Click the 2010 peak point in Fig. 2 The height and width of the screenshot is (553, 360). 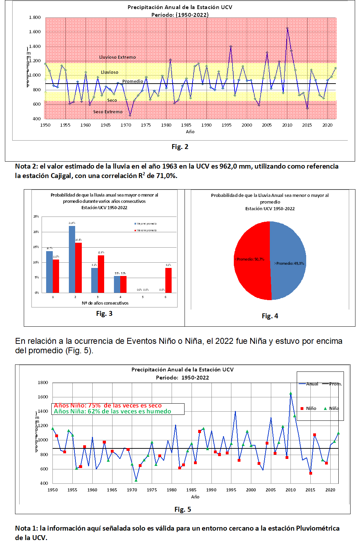pos(287,28)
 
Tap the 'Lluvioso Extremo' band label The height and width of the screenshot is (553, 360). pos(117,57)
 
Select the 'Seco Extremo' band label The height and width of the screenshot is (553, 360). pos(108,112)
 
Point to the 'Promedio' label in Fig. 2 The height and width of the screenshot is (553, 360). pos(132,81)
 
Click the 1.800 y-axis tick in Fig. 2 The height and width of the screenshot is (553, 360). pos(35,17)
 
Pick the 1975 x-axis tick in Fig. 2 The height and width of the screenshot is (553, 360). pos(146,125)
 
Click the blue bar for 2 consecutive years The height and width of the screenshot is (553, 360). pos(72,259)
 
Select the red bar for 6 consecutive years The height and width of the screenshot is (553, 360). pos(168,280)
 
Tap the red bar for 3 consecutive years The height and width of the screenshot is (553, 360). pos(101,274)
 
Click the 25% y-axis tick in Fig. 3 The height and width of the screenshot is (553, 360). pos(36,217)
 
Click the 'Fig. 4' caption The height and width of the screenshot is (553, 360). pos(270,316)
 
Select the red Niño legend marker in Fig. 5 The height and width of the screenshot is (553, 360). pos(302,409)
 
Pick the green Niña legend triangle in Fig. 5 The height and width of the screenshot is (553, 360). pos(325,409)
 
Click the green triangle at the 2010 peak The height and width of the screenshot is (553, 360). pos(291,394)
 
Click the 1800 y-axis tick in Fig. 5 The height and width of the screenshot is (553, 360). pos(43,382)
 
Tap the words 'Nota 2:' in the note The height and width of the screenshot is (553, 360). pos(26,166)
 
